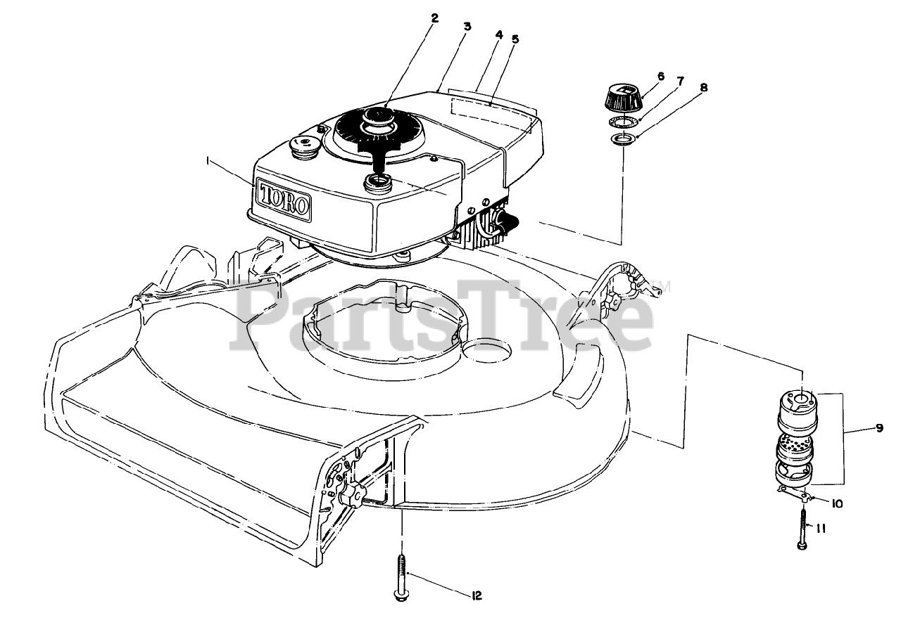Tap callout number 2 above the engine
pyautogui.click(x=434, y=18)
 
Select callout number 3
pyautogui.click(x=467, y=27)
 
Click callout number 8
pyautogui.click(x=704, y=88)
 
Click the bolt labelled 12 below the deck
pyautogui.click(x=401, y=577)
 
